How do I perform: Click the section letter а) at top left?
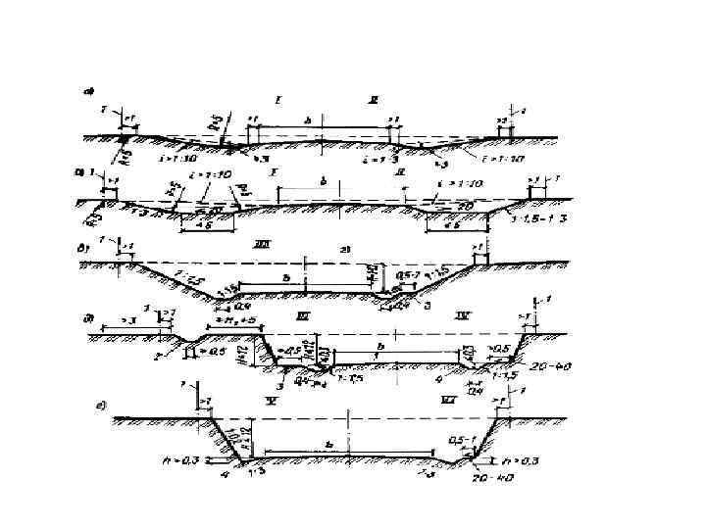(88, 93)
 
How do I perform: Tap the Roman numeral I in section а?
(279, 99)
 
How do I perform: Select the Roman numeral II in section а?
(373, 100)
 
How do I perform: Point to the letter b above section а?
(309, 120)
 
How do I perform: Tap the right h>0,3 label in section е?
(518, 458)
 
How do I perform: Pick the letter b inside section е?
(328, 446)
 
